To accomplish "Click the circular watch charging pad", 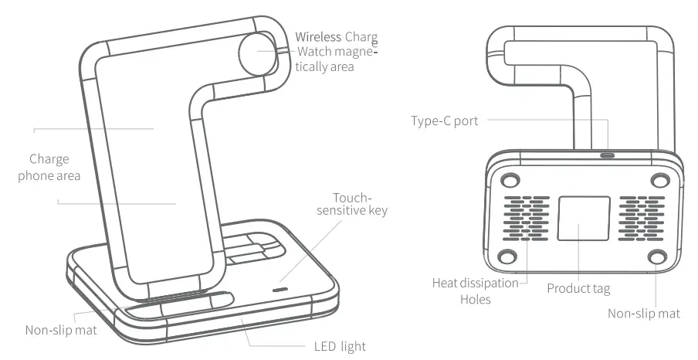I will (256, 52).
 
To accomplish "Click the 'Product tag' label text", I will (578, 289).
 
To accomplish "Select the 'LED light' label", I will (340, 346).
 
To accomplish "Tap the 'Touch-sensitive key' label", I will (360, 203).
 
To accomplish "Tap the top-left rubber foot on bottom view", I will (509, 181).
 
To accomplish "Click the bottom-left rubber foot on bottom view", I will (506, 257).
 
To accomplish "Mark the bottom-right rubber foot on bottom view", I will (656, 257).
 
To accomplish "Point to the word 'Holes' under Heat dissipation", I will (475, 299).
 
